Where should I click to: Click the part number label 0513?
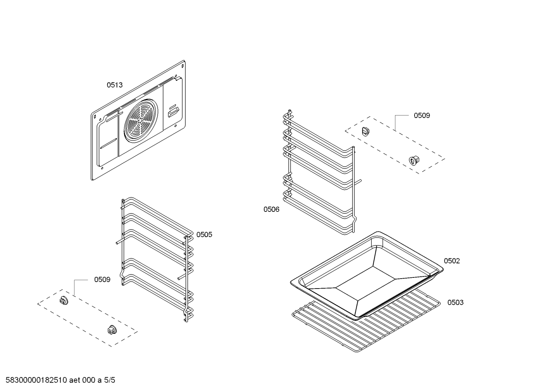(115, 85)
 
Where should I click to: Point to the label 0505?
(204, 234)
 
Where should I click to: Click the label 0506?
(271, 209)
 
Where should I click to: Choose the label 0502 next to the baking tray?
(452, 261)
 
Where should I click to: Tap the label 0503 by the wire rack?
(455, 302)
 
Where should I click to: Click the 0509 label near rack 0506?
(421, 115)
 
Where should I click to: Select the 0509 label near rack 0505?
(102, 280)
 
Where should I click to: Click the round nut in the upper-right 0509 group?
(414, 160)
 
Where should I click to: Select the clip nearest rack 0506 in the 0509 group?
(366, 131)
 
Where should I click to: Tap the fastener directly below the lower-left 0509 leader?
(64, 300)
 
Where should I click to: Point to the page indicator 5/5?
(110, 380)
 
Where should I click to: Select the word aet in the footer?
(76, 380)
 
